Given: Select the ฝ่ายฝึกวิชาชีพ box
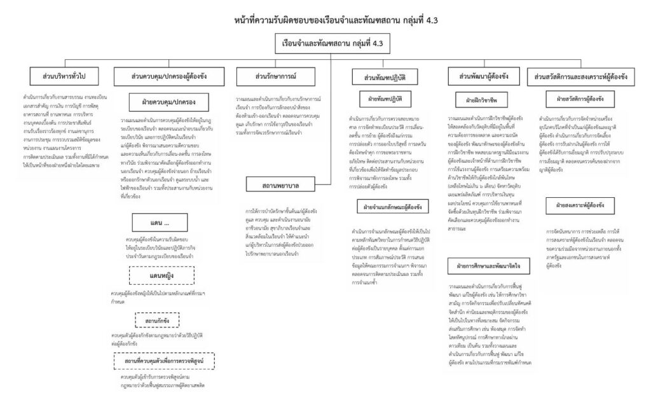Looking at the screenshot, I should click(481, 100).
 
